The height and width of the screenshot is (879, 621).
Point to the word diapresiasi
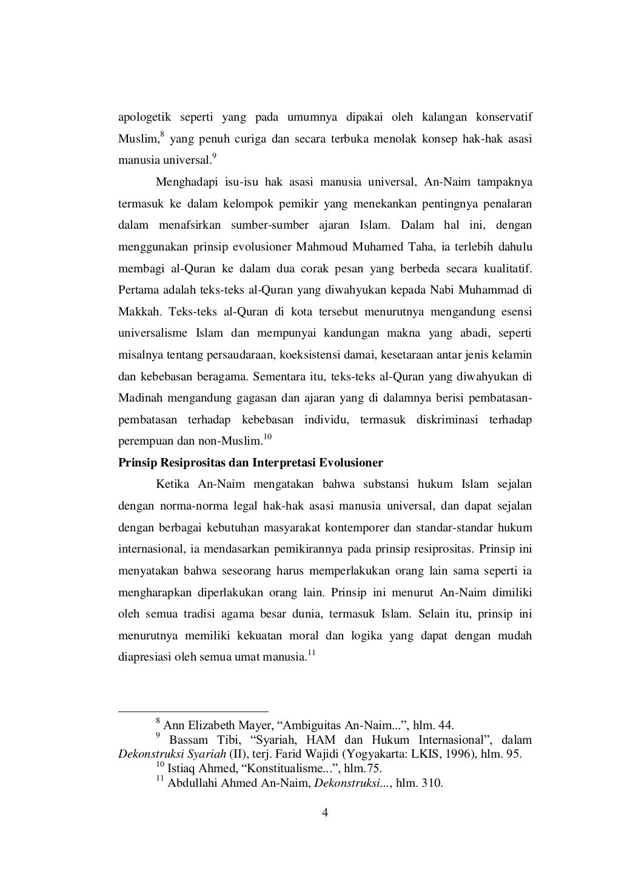pos(144,658)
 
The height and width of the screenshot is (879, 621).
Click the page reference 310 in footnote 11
pos(433,783)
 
